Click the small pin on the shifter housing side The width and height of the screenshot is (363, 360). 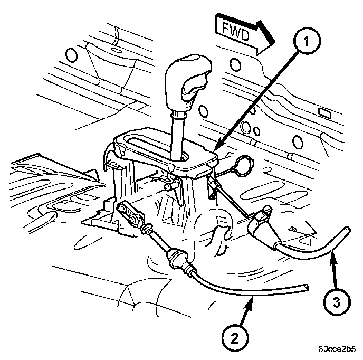[168, 187]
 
